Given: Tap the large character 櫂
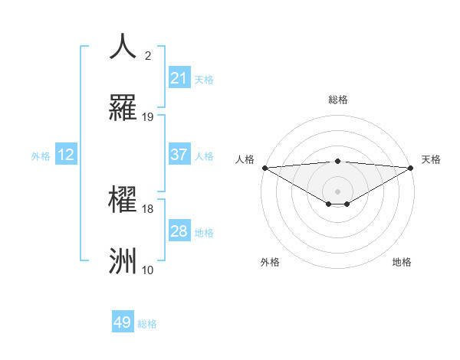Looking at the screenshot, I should [123, 198].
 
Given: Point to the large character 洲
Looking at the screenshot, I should [123, 260].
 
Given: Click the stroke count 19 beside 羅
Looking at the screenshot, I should [148, 117].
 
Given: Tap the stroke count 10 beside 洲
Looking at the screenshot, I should [148, 270].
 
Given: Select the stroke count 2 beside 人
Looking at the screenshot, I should [148, 56].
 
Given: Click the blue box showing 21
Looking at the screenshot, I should [179, 77].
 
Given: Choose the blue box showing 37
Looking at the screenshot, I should [179, 154].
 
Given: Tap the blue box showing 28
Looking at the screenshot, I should [179, 231].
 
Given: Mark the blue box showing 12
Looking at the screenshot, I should [66, 155].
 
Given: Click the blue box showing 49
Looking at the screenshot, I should [123, 322].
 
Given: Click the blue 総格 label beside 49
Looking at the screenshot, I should [147, 324].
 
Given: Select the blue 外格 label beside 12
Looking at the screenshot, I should [41, 155].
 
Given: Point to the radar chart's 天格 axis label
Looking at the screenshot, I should [431, 159].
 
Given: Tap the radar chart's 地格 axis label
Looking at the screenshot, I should [402, 262].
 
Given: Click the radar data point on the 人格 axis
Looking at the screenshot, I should [264, 167].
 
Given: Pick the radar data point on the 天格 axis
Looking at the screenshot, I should [411, 167].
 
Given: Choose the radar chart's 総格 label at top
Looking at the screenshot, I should [338, 100].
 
